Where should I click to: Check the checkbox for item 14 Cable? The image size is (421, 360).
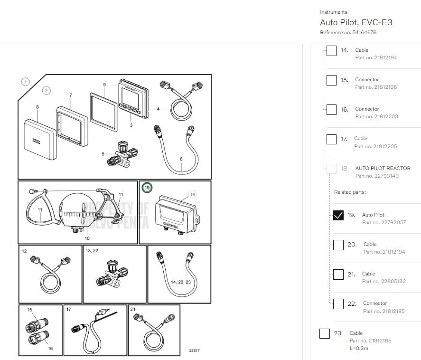[x=331, y=50]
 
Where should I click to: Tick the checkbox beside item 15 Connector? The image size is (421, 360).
[x=331, y=80]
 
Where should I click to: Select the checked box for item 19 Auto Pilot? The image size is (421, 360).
[x=338, y=215]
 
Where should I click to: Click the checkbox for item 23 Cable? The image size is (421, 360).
[x=324, y=333]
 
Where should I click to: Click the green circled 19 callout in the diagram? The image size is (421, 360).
[x=147, y=188]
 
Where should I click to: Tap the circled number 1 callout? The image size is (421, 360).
[x=25, y=82]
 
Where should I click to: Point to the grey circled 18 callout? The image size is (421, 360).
[x=192, y=194]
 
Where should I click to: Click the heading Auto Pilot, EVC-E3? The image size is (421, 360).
[x=356, y=22]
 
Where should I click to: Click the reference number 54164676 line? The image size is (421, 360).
[x=348, y=32]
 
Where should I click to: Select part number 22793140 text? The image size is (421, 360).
[x=377, y=176]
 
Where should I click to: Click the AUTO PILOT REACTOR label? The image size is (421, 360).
[x=383, y=168]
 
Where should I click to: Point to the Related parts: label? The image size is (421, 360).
[x=350, y=192]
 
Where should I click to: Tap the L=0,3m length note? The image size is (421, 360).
[x=359, y=348]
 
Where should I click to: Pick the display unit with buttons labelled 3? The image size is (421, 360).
[x=131, y=99]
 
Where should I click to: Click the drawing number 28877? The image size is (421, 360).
[x=194, y=351]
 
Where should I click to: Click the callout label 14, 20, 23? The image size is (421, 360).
[x=180, y=282]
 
